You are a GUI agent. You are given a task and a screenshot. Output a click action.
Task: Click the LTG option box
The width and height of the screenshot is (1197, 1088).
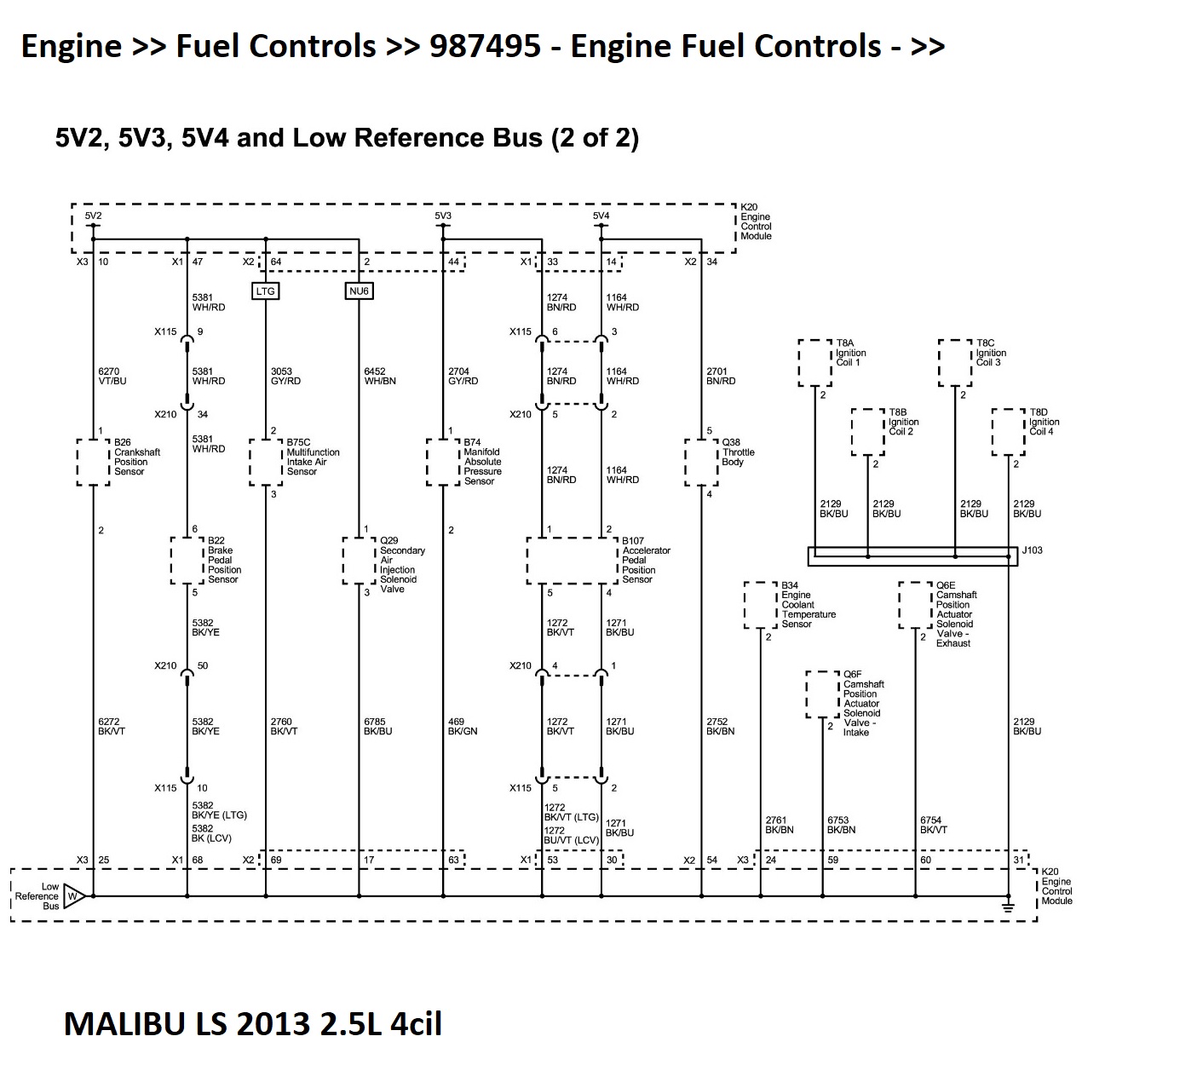pos(265,291)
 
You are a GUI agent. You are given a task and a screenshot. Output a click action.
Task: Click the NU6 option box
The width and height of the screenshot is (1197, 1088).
pos(359,291)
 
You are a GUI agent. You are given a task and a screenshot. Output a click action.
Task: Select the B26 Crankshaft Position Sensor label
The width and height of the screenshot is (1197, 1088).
pos(136,457)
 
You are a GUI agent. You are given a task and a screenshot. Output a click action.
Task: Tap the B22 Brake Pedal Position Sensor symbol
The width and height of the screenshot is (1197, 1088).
pos(187,560)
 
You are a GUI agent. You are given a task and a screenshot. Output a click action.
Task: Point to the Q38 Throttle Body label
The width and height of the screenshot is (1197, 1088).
pos(738,452)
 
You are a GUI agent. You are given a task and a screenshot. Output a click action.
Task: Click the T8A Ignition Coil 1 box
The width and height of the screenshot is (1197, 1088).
pos(814,363)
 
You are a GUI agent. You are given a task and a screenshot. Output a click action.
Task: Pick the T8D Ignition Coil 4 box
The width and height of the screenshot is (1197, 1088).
pos(1008,432)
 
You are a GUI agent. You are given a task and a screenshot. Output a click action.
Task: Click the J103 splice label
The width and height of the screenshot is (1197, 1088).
pos(1032,550)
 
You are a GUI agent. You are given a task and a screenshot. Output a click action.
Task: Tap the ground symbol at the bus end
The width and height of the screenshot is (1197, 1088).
pos(1008,907)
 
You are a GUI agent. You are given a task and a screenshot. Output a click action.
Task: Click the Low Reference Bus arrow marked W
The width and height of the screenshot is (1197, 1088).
pos(73,896)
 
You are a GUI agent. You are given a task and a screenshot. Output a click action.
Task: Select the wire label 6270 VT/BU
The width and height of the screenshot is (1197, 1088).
pos(112,377)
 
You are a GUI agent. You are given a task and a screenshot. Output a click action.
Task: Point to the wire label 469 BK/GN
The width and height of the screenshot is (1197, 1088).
pos(463,727)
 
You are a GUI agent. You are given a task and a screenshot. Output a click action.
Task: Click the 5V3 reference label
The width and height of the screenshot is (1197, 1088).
pos(443,216)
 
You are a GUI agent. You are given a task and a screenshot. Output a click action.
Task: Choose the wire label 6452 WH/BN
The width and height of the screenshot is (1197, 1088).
pos(380,377)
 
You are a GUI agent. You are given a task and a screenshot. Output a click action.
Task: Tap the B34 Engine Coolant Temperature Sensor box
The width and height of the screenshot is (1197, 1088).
pos(760,605)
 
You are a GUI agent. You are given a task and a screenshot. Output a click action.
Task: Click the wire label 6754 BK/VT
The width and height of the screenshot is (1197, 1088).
pos(933,825)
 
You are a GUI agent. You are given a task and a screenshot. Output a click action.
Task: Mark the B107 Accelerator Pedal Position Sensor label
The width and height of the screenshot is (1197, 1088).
pos(645,560)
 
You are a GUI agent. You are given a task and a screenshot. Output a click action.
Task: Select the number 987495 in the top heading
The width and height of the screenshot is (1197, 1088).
pos(485,46)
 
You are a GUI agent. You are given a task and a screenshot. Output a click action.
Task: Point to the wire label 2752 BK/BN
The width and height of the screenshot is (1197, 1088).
pos(720,727)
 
